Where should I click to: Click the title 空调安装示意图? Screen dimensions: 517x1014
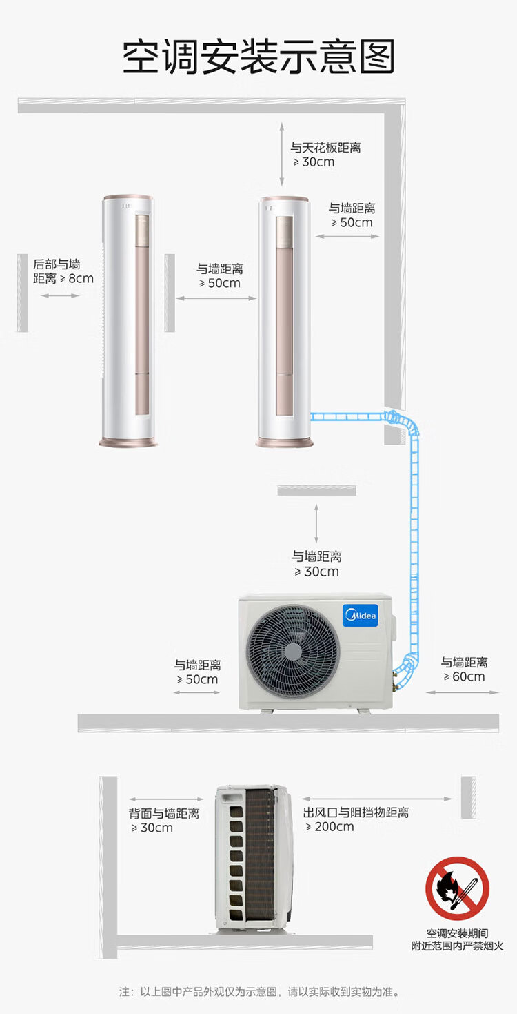pyautogui.click(x=258, y=56)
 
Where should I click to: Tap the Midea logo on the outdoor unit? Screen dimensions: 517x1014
pyautogui.click(x=361, y=615)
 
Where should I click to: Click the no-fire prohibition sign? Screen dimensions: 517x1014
pyautogui.click(x=457, y=888)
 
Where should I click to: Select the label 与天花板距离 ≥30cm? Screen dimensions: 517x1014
pyautogui.click(x=325, y=155)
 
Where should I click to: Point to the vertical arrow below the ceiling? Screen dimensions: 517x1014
pyautogui.click(x=281, y=154)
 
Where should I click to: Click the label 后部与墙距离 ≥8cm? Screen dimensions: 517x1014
pyautogui.click(x=63, y=271)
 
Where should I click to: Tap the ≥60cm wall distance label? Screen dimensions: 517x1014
pyautogui.click(x=464, y=670)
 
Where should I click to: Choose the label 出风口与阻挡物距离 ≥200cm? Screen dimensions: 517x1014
pyautogui.click(x=356, y=819)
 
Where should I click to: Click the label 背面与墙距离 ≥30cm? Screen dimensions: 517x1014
pyautogui.click(x=163, y=820)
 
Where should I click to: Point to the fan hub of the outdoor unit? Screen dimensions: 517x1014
pyautogui.click(x=293, y=652)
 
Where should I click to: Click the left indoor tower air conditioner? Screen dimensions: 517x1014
pyautogui.click(x=128, y=321)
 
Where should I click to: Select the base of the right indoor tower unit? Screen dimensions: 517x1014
pyautogui.click(x=285, y=442)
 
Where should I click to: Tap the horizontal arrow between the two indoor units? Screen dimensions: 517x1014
pyautogui.click(x=216, y=298)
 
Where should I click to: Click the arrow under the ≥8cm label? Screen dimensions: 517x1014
pyautogui.click(x=60, y=295)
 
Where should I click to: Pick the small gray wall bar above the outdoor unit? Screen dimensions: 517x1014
pyautogui.click(x=316, y=490)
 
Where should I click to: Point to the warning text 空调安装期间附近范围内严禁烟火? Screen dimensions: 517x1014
pyautogui.click(x=457, y=939)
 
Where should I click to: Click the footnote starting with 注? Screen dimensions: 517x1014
pyautogui.click(x=259, y=993)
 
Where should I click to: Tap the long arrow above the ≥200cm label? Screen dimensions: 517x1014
pyautogui.click(x=377, y=799)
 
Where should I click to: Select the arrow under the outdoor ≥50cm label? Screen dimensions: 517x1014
pyautogui.click(x=196, y=692)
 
